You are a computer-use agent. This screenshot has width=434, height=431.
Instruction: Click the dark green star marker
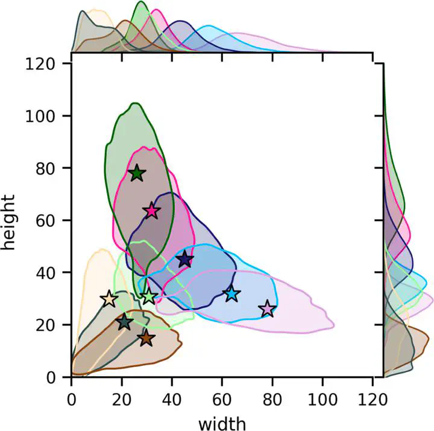point(137,173)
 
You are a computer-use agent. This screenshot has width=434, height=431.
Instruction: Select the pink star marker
point(151,211)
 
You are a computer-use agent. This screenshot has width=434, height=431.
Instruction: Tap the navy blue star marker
point(185,260)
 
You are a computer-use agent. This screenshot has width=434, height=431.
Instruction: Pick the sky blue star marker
point(231,294)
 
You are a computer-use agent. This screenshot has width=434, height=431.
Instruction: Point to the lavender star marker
point(267,309)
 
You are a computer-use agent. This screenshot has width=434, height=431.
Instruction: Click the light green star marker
point(149,296)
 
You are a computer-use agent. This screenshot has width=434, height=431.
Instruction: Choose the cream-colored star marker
point(109,299)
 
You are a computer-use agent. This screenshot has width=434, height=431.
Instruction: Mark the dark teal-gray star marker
point(124,322)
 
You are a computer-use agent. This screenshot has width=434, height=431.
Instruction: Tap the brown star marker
point(146,339)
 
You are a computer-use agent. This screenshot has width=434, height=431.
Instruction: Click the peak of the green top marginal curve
point(141,2)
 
